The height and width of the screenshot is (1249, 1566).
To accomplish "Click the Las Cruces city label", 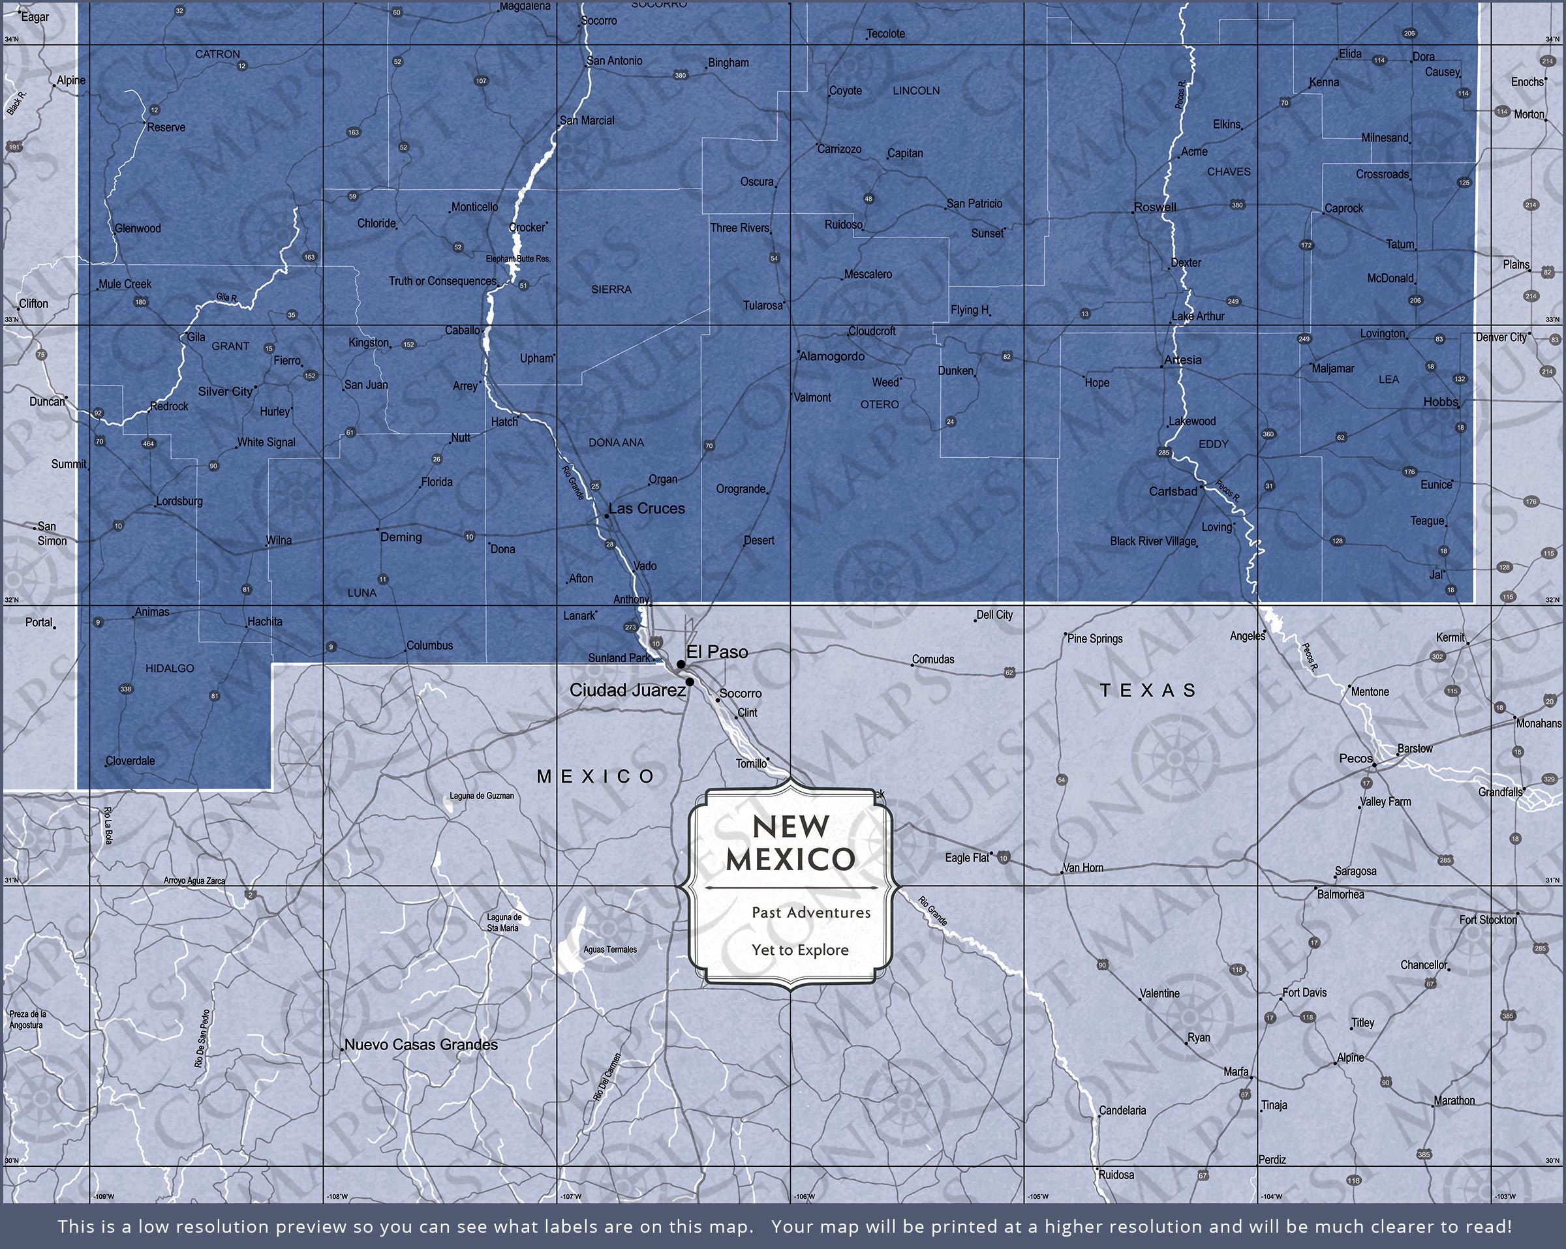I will [647, 509].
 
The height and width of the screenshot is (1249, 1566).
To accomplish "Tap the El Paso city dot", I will [681, 665].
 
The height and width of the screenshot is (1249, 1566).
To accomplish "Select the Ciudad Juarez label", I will [627, 691].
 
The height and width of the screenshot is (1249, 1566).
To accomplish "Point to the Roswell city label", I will [1155, 207].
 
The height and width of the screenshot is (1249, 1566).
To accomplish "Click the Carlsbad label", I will [1173, 492].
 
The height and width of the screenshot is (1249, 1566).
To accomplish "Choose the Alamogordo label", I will [832, 357].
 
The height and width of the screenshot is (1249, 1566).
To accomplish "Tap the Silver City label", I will [225, 391].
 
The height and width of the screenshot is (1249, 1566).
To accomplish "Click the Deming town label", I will [401, 537].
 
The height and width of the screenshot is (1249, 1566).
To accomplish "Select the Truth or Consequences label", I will [442, 281].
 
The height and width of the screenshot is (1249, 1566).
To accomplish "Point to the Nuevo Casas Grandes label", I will [422, 1045].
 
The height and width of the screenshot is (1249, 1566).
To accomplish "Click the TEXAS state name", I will [1148, 691].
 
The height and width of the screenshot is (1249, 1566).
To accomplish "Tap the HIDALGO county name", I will [170, 669].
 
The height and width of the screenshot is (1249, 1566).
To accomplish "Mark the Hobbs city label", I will [1440, 402].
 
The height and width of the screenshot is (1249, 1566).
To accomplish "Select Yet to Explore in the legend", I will [800, 950].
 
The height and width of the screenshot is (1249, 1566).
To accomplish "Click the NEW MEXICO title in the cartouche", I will [791, 843].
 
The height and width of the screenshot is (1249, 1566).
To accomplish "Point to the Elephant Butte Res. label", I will [518, 259].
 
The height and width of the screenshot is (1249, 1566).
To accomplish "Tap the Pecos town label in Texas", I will [1356, 759].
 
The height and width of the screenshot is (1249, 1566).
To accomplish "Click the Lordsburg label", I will [180, 502].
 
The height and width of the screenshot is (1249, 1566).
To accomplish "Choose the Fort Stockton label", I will [1488, 920].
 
